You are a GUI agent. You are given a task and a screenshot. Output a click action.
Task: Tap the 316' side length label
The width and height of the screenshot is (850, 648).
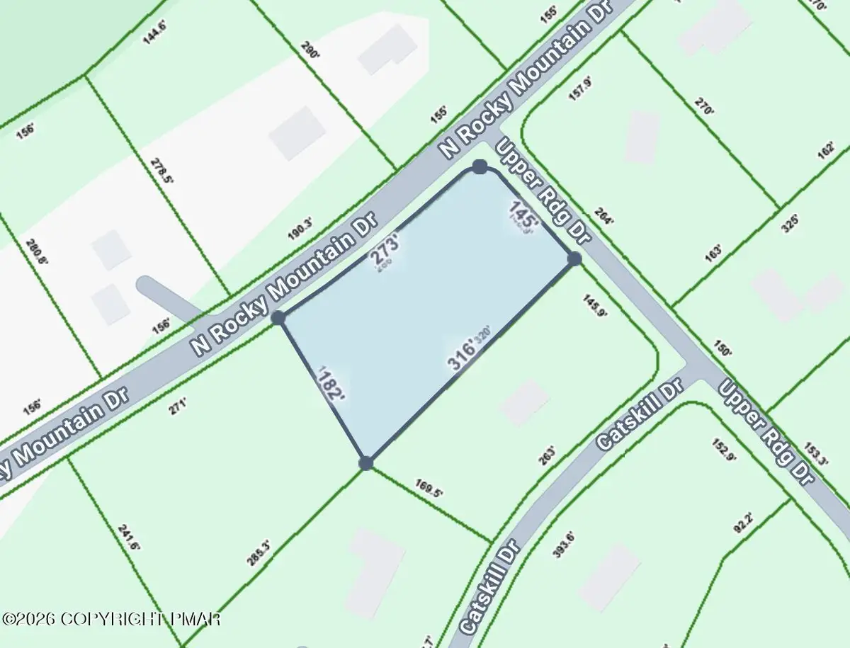461,356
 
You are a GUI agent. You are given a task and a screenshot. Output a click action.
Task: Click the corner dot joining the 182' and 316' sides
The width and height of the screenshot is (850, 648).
366,463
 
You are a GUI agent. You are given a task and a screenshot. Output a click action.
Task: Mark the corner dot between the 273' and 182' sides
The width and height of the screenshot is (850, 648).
278,317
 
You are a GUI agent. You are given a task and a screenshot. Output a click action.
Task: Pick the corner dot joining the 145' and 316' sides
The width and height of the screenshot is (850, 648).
574,259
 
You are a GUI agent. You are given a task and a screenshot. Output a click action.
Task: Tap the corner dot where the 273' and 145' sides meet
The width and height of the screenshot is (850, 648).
480,167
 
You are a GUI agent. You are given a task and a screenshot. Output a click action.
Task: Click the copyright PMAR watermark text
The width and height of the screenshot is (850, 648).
112,618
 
